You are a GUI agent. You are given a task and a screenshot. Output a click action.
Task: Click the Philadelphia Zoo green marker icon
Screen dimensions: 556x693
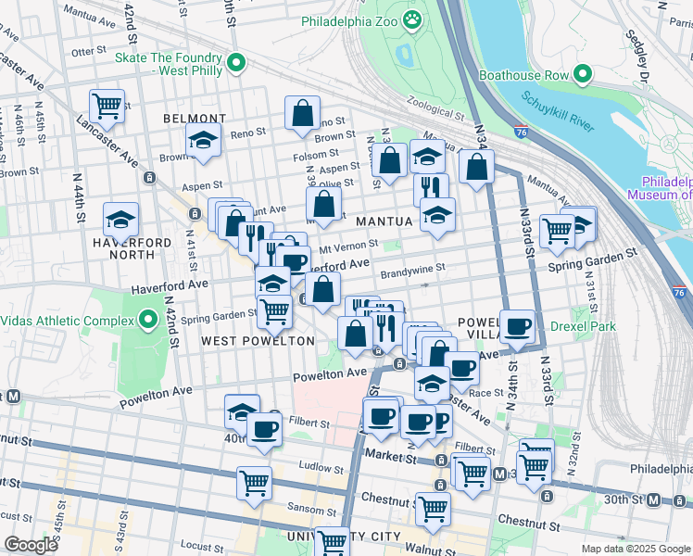(412, 18)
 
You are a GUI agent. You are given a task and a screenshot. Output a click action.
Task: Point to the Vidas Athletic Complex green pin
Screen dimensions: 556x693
(149, 321)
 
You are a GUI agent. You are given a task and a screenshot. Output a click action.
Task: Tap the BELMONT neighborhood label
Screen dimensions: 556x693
(195, 119)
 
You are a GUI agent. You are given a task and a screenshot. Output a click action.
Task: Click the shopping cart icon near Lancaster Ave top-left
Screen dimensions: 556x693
(107, 106)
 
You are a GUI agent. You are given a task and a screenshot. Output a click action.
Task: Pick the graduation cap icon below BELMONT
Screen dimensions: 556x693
(203, 140)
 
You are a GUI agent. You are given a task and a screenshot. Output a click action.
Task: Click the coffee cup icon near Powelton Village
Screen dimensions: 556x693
(518, 326)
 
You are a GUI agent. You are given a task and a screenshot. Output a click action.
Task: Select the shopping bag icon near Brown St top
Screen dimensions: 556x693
(302, 114)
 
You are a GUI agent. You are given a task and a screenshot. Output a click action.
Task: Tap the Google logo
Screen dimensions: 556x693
(31, 545)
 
